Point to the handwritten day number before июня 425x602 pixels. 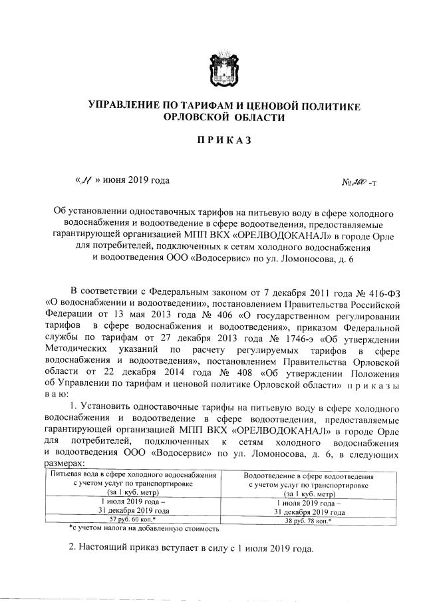87,180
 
